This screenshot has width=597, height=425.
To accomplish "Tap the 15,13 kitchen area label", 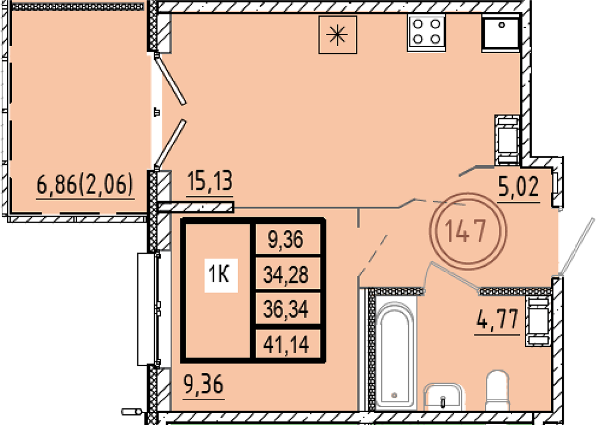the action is coord(210,181).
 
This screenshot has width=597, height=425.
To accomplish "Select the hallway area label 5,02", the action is coord(519,187).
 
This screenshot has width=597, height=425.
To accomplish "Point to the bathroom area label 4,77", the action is coord(497,319).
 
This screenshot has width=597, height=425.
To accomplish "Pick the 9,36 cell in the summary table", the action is coord(285,239).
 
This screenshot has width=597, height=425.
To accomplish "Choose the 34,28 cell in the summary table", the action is coord(285,274).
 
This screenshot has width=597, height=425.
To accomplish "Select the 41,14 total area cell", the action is coord(285,344).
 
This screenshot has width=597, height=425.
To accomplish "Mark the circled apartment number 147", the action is coord(465,231).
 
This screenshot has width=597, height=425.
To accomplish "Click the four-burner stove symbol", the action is coord(426,33).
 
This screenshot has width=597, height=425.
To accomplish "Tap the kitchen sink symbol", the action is coord(501,33).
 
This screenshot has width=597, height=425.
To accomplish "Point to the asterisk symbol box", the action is coord(338,35).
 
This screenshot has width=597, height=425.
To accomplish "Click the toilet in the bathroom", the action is coord(498,390).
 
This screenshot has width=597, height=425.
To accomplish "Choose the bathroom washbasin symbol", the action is coord(443,397).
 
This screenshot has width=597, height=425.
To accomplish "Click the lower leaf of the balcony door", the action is coord(170,144).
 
